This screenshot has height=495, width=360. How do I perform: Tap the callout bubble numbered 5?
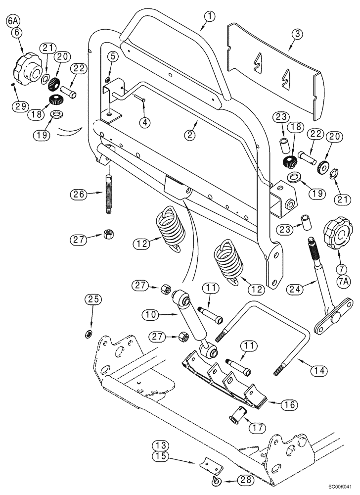coord(112,56)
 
